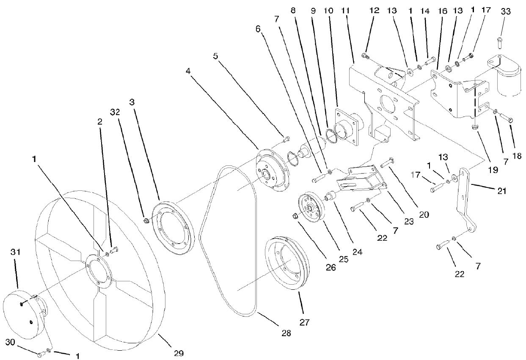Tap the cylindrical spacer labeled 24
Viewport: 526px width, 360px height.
coord(330,197)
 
